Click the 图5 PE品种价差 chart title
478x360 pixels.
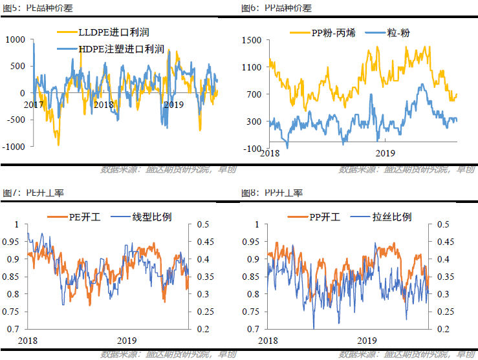32,8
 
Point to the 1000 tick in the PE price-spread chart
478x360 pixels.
15,39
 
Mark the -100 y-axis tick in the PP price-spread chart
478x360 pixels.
252,149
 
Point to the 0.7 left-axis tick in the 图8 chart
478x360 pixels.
254,329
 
